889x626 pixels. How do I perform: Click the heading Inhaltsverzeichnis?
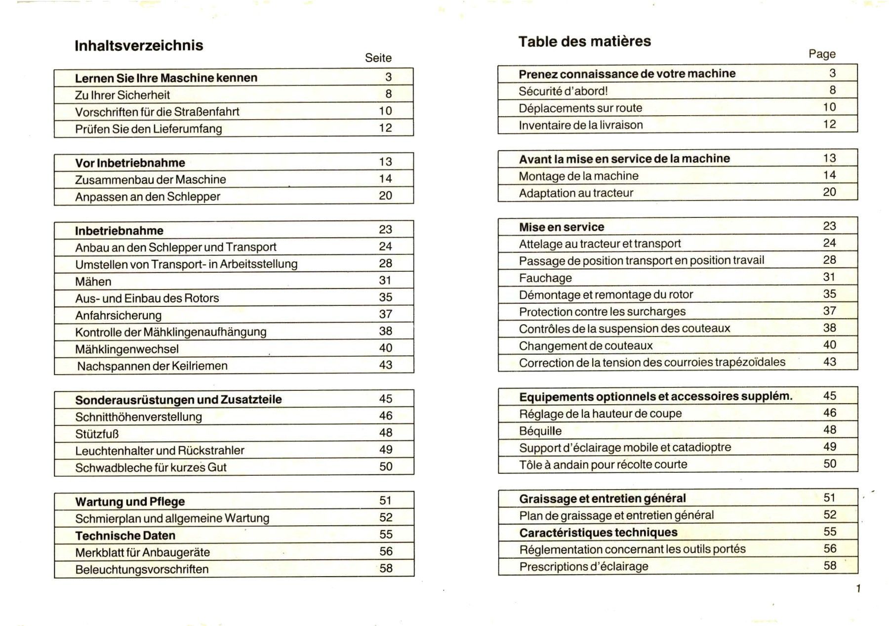click(x=139, y=46)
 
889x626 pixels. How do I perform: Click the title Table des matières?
click(x=584, y=42)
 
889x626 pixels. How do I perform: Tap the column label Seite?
click(x=378, y=58)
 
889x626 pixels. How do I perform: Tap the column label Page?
click(x=822, y=54)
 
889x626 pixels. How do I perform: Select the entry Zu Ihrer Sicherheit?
click(x=122, y=95)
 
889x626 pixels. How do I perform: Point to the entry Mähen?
click(x=93, y=282)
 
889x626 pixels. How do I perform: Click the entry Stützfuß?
click(x=97, y=434)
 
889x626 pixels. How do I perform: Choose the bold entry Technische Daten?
click(x=125, y=536)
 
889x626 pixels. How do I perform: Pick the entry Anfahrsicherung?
click(x=118, y=315)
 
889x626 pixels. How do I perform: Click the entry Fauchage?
click(x=545, y=278)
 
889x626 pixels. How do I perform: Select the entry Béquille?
click(x=540, y=431)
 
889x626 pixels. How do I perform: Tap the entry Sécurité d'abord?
click(x=563, y=91)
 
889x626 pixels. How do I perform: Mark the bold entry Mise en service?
click(x=561, y=227)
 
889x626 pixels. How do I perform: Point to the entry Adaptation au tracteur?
click(x=575, y=193)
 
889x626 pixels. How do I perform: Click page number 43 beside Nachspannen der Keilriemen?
click(x=385, y=365)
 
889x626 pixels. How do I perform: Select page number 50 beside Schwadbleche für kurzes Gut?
click(x=386, y=466)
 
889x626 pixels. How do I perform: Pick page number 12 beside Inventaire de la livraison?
click(x=829, y=125)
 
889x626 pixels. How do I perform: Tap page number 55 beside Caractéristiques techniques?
click(x=830, y=532)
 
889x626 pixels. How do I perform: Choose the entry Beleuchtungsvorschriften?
click(x=142, y=569)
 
